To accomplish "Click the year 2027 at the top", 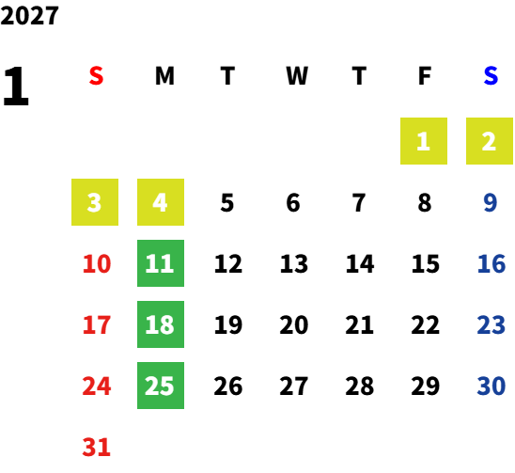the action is (x=29, y=15).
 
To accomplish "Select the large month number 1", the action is (x=16, y=86).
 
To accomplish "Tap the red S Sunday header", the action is (x=96, y=76).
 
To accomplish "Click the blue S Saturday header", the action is (x=491, y=76).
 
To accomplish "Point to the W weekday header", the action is (x=297, y=76).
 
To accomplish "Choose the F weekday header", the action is (x=425, y=76).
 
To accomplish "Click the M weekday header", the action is (x=164, y=76).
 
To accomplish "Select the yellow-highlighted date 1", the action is (x=424, y=141).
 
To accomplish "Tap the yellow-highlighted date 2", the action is (x=490, y=141).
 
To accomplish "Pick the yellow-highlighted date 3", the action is (x=95, y=202).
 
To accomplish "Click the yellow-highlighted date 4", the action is (x=161, y=202).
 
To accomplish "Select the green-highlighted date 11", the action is (x=161, y=263).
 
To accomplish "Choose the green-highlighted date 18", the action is (x=161, y=324).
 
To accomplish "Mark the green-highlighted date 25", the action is (x=161, y=386).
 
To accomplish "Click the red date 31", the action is (x=97, y=447).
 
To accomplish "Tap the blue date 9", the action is (x=491, y=202).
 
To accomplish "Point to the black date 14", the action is (x=360, y=263).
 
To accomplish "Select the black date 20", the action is (x=294, y=324).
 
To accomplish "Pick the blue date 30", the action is (x=492, y=386).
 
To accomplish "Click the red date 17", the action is (x=97, y=324).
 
